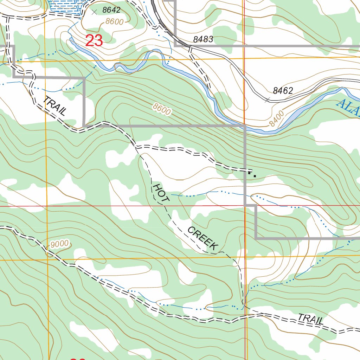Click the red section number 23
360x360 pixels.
pos(94,41)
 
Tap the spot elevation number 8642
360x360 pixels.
pos(111,10)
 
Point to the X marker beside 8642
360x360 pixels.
pos(94,12)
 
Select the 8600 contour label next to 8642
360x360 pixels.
pos(115,22)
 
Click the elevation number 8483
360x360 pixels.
pos(203,39)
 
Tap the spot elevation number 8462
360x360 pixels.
pos(283,91)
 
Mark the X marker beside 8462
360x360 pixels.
pos(267,100)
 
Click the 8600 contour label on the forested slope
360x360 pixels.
pos(162,109)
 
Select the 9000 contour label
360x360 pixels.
pos(59,244)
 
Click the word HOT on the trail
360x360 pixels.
pos(161,193)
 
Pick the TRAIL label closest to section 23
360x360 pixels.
pos(55,106)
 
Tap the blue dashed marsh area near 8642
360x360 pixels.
pos(67,5)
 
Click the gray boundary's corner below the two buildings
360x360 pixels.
pos(245,205)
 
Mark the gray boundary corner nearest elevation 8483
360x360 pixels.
pos(175,46)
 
